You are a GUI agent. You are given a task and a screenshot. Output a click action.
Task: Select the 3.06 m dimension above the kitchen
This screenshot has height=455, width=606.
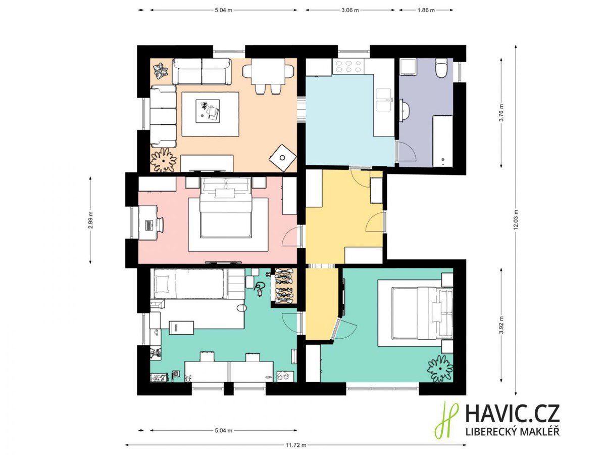[350, 10]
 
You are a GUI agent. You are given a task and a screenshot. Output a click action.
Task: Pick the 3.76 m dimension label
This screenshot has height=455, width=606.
[501, 113]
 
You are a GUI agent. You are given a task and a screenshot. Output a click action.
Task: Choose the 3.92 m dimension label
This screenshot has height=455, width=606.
[501, 325]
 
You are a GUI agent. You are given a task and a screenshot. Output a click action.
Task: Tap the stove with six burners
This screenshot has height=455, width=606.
[348, 67]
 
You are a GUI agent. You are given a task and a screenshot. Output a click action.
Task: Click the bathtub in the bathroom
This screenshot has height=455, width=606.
[442, 141]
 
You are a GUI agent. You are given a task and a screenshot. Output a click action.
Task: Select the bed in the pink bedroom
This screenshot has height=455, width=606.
[226, 207]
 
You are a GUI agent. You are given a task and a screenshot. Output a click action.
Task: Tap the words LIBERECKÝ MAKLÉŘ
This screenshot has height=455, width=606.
[513, 432]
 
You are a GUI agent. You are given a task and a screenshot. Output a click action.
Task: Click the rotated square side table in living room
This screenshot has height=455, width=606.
[283, 158]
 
